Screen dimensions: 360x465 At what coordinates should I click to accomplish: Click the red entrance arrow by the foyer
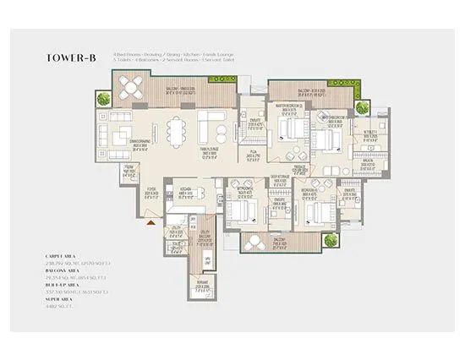pos(150,221)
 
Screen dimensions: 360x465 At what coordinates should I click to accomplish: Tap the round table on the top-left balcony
pos(132,86)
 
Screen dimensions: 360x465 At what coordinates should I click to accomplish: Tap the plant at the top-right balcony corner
pos(361,106)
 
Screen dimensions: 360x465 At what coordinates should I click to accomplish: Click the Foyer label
pos(153,190)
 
